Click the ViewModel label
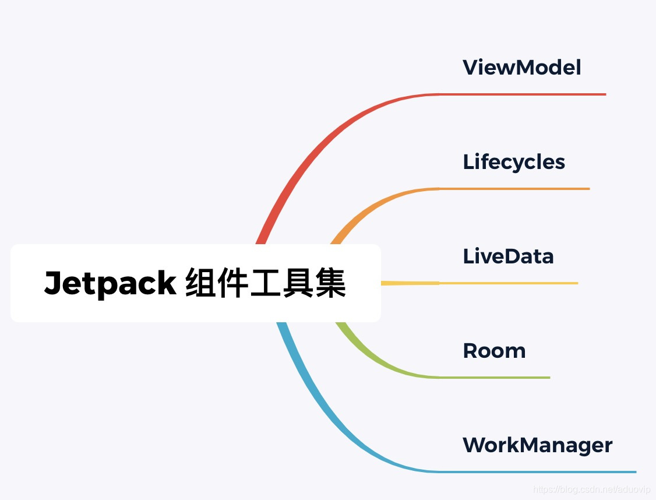point(522,68)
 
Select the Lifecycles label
point(514,162)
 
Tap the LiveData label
point(508,256)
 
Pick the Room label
point(494,351)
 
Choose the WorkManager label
point(537,445)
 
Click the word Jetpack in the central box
point(110,283)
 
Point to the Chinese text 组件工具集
point(266,283)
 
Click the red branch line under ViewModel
point(524,94)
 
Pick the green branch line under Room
point(495,378)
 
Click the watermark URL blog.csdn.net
point(592,489)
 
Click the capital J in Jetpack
point(54,283)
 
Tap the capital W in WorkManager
point(475,445)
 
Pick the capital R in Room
point(470,351)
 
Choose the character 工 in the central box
point(265,283)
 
